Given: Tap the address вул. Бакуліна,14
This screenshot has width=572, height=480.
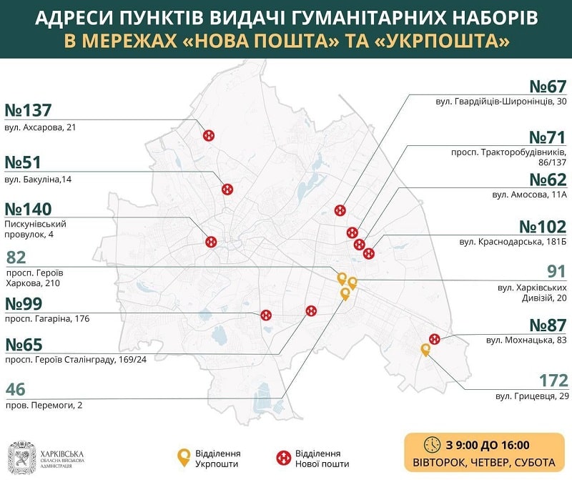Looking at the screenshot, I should pyautogui.click(x=41, y=178).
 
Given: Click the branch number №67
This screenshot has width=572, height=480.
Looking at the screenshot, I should pyautogui.click(x=548, y=87).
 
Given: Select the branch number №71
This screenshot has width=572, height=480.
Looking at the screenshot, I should pyautogui.click(x=548, y=137).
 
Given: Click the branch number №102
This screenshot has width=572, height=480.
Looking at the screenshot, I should pyautogui.click(x=543, y=227).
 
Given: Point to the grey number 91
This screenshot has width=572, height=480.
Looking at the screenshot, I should pyautogui.click(x=556, y=271).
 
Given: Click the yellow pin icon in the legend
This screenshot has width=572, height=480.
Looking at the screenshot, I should pyautogui.click(x=184, y=456).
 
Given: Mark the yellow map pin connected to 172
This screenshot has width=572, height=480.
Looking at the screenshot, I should pyautogui.click(x=425, y=349).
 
